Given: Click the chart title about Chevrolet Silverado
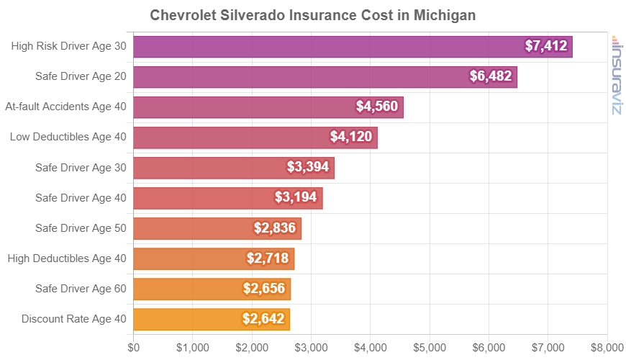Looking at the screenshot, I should click(x=313, y=15).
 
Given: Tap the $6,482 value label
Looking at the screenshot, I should click(x=493, y=77).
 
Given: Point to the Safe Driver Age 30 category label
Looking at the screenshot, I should click(x=81, y=168).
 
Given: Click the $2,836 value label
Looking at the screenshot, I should click(x=277, y=228).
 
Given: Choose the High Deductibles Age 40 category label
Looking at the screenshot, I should click(x=66, y=258).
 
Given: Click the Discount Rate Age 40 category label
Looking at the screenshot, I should click(x=74, y=319).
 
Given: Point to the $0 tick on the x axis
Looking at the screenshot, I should click(x=134, y=348).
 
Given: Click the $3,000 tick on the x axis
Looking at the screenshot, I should click(x=311, y=348).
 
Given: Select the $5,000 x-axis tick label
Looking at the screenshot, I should click(x=430, y=348).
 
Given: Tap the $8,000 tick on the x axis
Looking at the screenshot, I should click(x=607, y=348).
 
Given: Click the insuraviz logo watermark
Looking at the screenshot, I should click(x=617, y=75).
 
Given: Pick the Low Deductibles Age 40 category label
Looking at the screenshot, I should click(x=68, y=137).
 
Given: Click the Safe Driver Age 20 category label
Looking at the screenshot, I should click(x=81, y=77).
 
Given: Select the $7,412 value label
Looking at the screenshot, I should click(x=547, y=47).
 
